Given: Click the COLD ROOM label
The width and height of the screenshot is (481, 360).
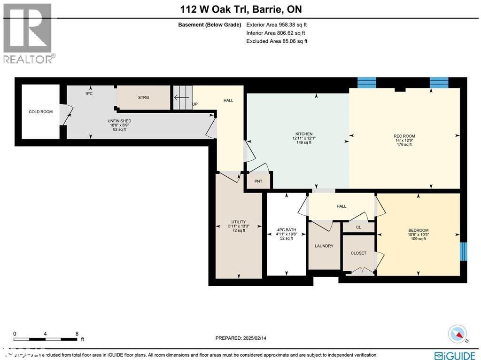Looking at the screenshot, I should [40, 112].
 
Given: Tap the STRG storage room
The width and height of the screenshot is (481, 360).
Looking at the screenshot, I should [143, 97].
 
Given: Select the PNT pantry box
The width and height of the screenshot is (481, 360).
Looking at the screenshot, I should [258, 181].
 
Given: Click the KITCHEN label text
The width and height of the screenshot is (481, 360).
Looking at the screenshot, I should [301, 134].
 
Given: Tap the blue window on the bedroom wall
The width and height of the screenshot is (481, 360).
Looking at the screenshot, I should [464, 251].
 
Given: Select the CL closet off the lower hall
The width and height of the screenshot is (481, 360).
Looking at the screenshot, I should [358, 227].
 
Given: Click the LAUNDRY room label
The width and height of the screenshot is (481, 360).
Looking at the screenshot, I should [324, 246].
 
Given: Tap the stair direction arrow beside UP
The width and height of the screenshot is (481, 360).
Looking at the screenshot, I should [180, 98].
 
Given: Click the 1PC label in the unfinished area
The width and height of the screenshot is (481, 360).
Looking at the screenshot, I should [88, 94].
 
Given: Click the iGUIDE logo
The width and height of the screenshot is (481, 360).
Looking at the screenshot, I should [455, 355].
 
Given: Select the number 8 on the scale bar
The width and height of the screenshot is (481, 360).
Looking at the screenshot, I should [77, 334].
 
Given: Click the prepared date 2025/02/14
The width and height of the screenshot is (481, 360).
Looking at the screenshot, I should [258, 338].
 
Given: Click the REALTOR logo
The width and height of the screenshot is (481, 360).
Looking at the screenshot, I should [29, 33].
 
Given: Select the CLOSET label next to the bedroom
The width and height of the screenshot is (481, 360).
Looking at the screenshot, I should [358, 253].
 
